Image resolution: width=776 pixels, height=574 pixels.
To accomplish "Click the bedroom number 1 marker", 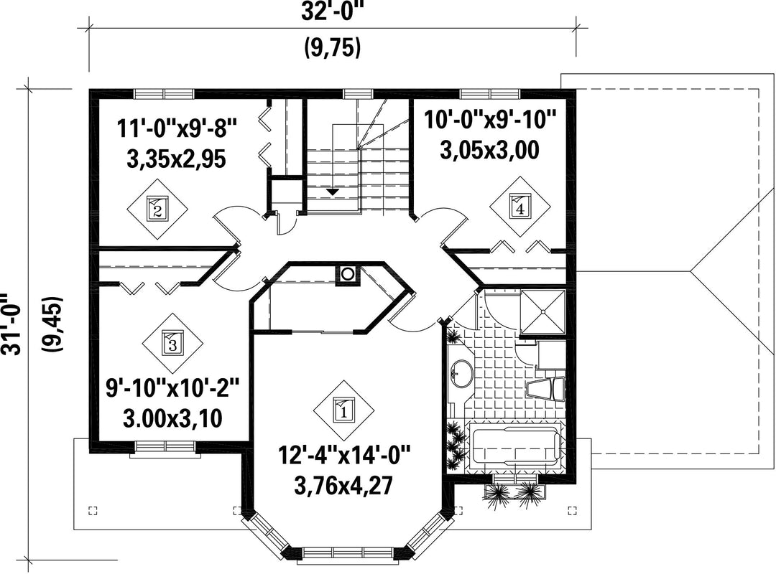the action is pos(343,409).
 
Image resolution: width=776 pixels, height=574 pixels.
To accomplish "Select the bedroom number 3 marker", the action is pos(172,343).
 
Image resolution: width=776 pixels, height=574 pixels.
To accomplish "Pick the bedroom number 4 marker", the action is pos(519,207).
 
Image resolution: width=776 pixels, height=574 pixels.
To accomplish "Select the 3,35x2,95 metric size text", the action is pos(177,159).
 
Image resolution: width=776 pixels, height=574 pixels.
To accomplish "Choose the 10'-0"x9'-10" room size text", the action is pos(490,120).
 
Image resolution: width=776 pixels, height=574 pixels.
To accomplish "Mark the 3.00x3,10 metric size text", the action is pos(172,419).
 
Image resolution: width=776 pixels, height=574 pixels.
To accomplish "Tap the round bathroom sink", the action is pos(463,373).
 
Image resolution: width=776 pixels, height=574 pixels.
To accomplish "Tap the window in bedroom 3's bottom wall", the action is pos(166,447).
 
